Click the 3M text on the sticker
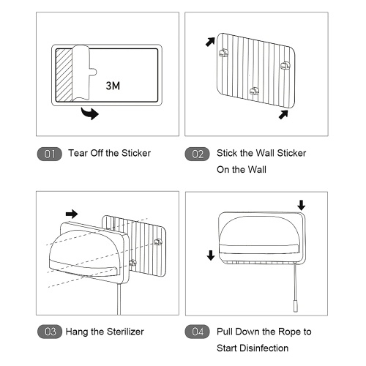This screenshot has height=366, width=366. click(113, 86)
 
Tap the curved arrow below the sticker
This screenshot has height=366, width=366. click(90, 113)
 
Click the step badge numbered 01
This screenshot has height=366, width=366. click(50, 154)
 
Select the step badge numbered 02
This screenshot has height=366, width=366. click(197, 154)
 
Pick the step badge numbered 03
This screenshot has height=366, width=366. click(50, 332)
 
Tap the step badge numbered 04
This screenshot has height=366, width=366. click(197, 332)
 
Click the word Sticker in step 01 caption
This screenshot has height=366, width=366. click(136, 153)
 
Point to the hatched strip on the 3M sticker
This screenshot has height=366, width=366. click(64, 75)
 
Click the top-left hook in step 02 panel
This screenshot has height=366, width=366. click(223, 53)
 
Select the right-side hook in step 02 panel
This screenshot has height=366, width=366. click(285, 65)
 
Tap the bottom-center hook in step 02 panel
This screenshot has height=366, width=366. click(254, 91)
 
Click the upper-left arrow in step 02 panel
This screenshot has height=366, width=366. click(210, 42)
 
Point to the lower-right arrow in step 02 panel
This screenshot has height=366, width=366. click(283, 115)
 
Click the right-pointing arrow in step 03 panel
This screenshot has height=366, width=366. click(72, 214)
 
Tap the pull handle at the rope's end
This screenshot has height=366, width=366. click(296, 306)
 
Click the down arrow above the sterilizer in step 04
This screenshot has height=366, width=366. click(302, 205)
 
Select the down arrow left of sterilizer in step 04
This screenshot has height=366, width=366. click(211, 255)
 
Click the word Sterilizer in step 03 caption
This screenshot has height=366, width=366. click(125, 332)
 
